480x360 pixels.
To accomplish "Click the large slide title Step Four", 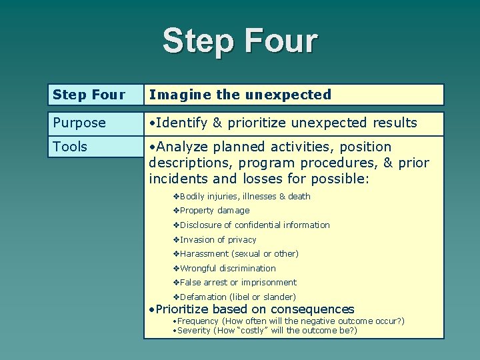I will point(240,41).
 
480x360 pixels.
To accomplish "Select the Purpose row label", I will point(79,123).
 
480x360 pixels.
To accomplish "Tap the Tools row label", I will point(70,147).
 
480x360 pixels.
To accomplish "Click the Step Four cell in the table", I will point(89,95).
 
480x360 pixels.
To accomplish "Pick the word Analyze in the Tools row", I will point(183,147).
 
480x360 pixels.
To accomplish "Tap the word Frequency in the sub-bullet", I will point(193,321).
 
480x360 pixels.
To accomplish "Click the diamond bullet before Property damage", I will point(176,211).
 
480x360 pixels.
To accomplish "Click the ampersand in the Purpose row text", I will point(217,123).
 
